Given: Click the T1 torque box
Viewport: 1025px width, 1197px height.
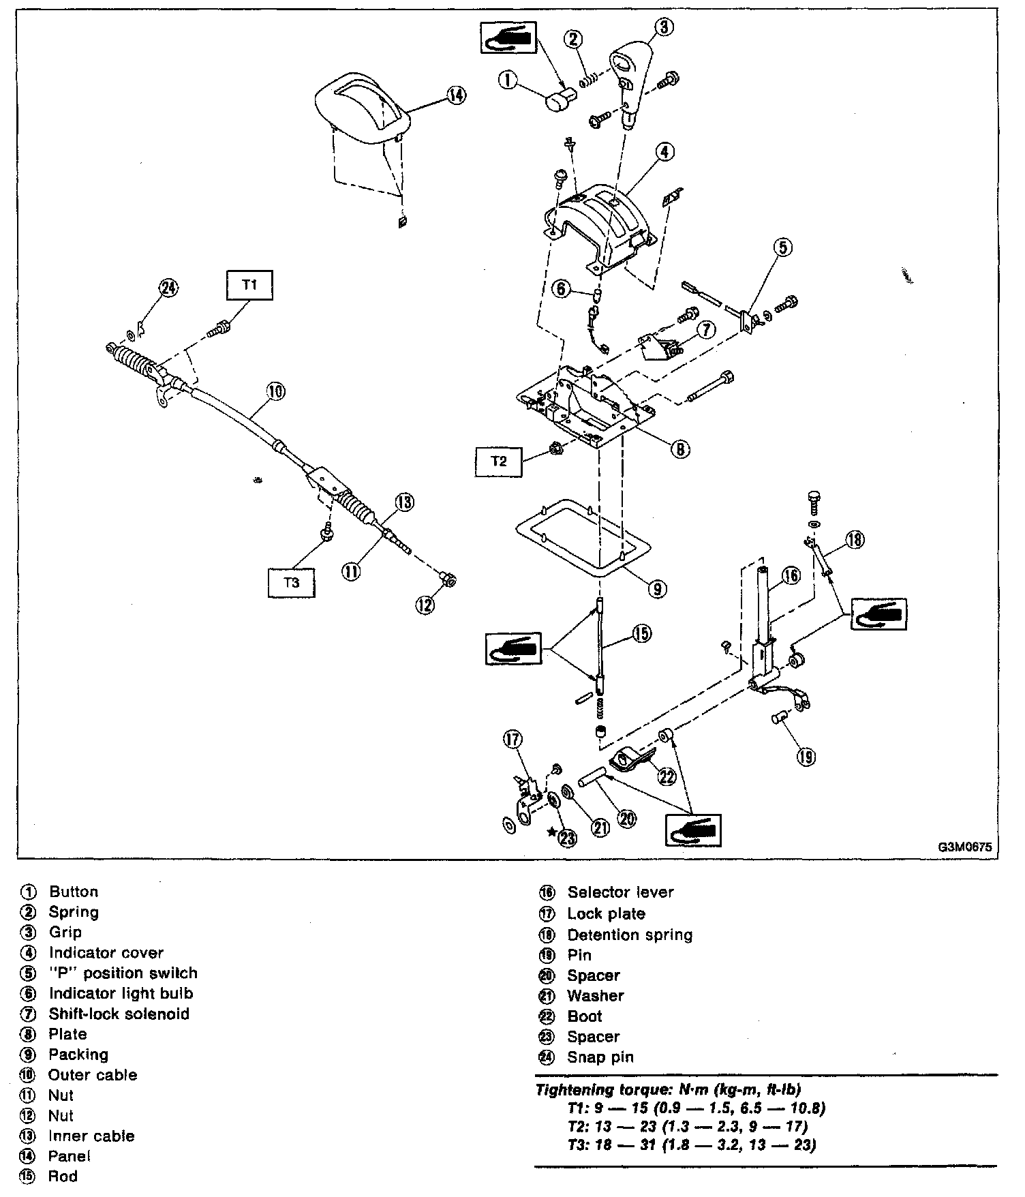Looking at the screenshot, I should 249,285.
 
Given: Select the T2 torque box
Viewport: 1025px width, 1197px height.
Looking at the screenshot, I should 499,461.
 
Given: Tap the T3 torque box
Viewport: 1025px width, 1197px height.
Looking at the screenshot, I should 291,583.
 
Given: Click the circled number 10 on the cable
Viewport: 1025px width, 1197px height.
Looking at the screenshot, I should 275,391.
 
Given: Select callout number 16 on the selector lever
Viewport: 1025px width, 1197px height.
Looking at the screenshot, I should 790,576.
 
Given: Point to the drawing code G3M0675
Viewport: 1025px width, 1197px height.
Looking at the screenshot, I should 964,847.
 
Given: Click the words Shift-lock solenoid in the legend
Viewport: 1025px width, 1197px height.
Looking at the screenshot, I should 119,1014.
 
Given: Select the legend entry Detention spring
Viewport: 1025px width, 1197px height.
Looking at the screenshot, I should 630,935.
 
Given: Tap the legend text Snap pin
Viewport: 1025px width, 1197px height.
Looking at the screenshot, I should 600,1057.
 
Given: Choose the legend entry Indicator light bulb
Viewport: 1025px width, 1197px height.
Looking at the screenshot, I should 121,994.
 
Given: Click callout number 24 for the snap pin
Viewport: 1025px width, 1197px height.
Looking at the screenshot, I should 168,288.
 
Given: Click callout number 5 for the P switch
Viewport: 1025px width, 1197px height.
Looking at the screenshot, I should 783,247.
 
